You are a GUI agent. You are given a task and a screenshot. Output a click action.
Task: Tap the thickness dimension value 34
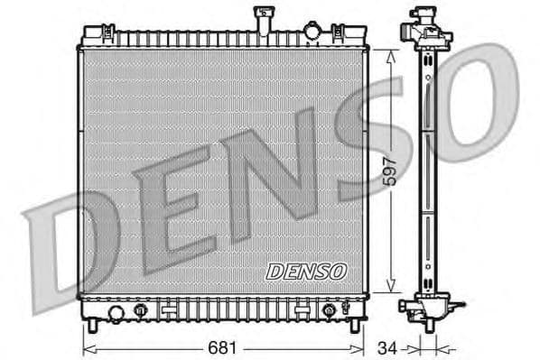point(386,346)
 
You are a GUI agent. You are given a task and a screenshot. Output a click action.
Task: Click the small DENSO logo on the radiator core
point(306,271)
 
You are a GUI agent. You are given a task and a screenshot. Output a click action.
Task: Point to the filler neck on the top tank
point(265,18)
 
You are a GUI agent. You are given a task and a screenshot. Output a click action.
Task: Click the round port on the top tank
point(312,32)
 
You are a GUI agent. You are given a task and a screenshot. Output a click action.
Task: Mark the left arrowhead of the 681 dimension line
point(87,346)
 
